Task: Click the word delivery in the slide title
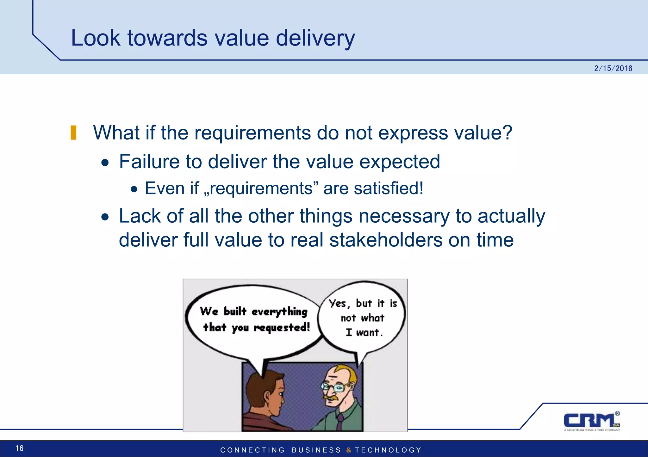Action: point(315,38)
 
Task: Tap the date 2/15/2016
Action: point(613,68)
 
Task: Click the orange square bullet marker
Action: point(73,133)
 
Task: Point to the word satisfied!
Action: point(388,188)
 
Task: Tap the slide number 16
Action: point(20,448)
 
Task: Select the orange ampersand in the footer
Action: point(348,450)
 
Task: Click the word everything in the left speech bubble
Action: point(279,312)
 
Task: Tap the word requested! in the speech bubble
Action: point(282,328)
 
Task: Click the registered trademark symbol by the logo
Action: point(617,413)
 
